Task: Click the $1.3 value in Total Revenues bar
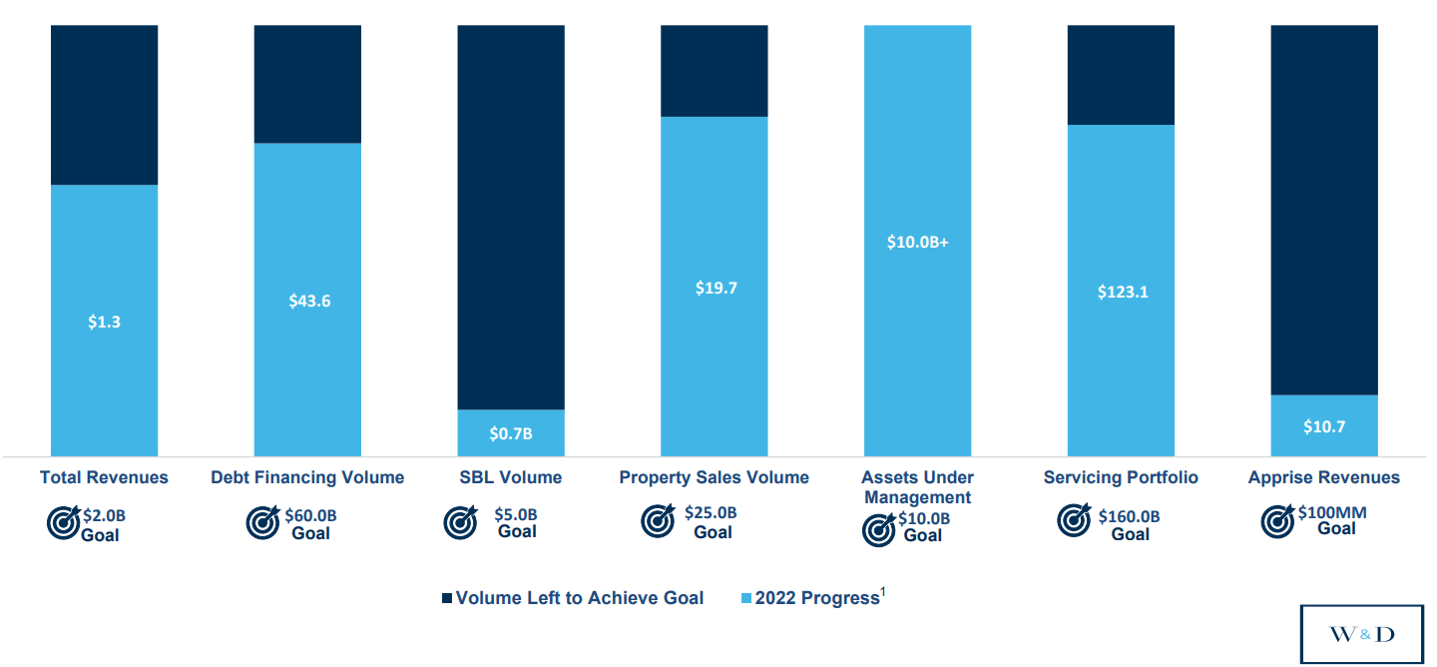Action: click(104, 322)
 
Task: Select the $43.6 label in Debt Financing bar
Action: click(309, 301)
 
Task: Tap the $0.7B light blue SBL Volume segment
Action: click(511, 433)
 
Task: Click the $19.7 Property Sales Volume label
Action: click(716, 288)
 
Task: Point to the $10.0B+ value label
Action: click(917, 242)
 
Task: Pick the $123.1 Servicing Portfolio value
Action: click(1122, 293)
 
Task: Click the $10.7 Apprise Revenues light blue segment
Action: click(1324, 426)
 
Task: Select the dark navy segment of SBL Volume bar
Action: click(511, 217)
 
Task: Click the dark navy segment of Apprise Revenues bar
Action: click(1324, 210)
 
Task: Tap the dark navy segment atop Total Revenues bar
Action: click(104, 105)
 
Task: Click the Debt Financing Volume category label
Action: click(307, 477)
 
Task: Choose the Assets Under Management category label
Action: click(917, 487)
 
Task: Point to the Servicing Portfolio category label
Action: click(1121, 477)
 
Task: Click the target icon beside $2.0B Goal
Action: click(64, 523)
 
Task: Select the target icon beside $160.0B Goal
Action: click(1074, 520)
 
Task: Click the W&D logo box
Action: click(1362, 634)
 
